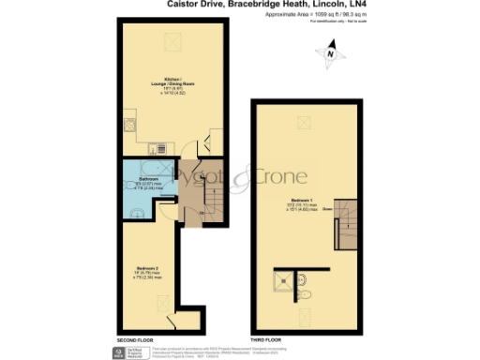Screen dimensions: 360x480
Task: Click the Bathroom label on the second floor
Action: coord(136,179)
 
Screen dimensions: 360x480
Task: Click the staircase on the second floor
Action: coord(212,198)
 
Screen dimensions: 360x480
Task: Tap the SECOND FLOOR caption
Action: coord(135,338)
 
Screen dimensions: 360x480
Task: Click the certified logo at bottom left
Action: coord(136,352)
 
